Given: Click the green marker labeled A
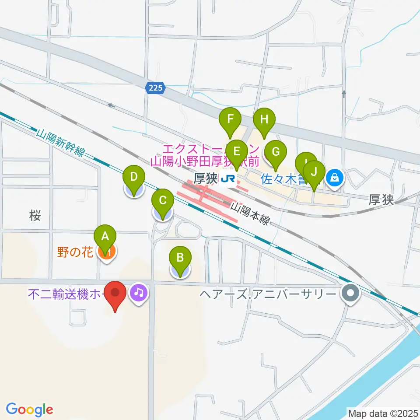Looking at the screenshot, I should [105, 237].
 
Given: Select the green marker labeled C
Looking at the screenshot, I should [162, 202].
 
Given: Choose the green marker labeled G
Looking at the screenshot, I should [276, 153].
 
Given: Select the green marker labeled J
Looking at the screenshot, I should [314, 172].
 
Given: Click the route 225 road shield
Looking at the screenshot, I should [155, 88].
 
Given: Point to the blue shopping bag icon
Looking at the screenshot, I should [335, 178].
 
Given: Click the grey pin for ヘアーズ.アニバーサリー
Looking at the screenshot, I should [350, 292].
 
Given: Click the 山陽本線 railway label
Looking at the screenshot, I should [250, 213].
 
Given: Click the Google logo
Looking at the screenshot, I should [29, 410].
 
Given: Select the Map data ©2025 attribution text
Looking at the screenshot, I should [382, 413].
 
